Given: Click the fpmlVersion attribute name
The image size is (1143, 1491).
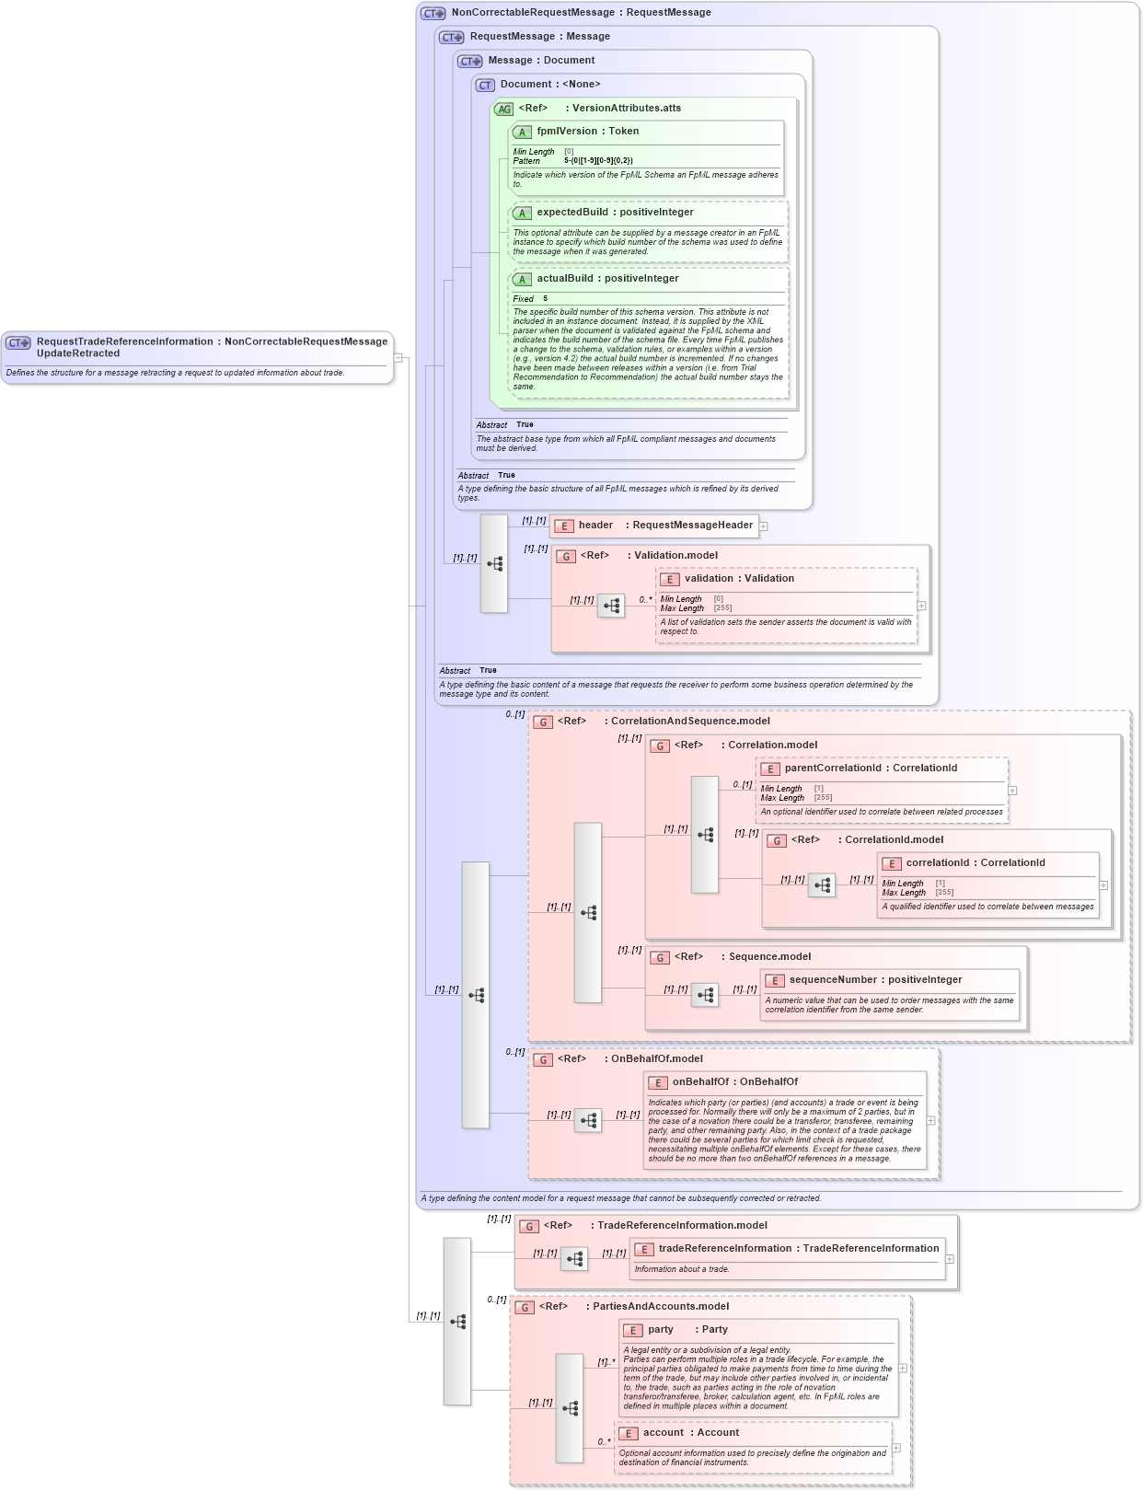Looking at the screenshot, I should click(567, 132).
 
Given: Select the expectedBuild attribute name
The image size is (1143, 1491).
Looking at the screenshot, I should click(571, 213).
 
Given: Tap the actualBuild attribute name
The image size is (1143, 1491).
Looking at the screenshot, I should click(565, 279).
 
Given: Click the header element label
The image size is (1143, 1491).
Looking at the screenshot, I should click(595, 526).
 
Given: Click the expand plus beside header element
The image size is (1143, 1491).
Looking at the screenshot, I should click(763, 526).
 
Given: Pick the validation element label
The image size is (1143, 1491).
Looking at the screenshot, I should click(709, 579).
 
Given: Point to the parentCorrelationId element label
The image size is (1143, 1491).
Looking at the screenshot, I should click(833, 769).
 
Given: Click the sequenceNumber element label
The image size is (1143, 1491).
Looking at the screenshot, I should click(836, 980).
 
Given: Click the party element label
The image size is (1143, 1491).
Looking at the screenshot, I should click(661, 1330).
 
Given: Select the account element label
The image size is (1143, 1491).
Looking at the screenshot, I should click(664, 1433).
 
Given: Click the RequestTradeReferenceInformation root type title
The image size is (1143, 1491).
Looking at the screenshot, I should click(124, 342).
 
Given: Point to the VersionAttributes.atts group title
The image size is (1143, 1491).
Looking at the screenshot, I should click(626, 109).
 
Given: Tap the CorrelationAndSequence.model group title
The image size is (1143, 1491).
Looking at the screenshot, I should click(690, 722).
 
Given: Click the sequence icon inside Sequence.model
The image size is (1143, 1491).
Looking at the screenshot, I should click(705, 995).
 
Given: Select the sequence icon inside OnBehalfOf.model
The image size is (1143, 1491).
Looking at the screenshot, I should click(588, 1120).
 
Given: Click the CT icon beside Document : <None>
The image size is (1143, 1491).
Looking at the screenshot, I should click(485, 85).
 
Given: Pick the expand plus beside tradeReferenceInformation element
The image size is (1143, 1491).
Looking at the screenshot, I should click(950, 1259).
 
